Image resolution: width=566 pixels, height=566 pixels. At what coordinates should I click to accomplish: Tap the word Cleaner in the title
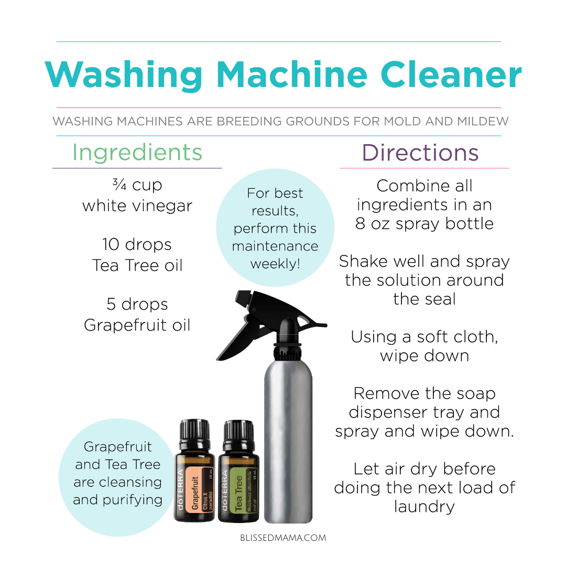click(451, 74)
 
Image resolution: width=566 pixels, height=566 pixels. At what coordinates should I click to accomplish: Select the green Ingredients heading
click(137, 153)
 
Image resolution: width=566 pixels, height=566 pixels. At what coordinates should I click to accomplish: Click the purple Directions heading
click(420, 153)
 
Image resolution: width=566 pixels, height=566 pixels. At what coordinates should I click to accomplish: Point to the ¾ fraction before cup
click(119, 184)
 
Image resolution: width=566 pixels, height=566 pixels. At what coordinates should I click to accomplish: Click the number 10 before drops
click(111, 245)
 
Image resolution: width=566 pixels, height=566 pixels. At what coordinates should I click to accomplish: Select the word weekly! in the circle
click(275, 264)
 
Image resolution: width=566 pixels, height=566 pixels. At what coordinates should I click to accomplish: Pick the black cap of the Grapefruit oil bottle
click(194, 432)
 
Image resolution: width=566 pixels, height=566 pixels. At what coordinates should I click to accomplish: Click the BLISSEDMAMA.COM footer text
click(283, 538)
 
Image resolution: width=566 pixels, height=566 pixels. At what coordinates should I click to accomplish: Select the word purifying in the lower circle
click(133, 500)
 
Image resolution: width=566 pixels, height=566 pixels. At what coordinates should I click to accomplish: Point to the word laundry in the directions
click(424, 507)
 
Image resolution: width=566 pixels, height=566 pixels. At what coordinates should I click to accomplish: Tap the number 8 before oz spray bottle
click(360, 224)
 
